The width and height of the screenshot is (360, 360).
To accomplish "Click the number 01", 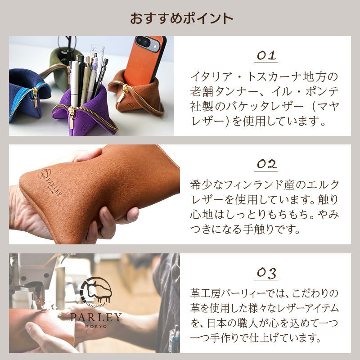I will coord(266,55).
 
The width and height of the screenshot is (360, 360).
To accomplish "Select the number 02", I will coord(266,164).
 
